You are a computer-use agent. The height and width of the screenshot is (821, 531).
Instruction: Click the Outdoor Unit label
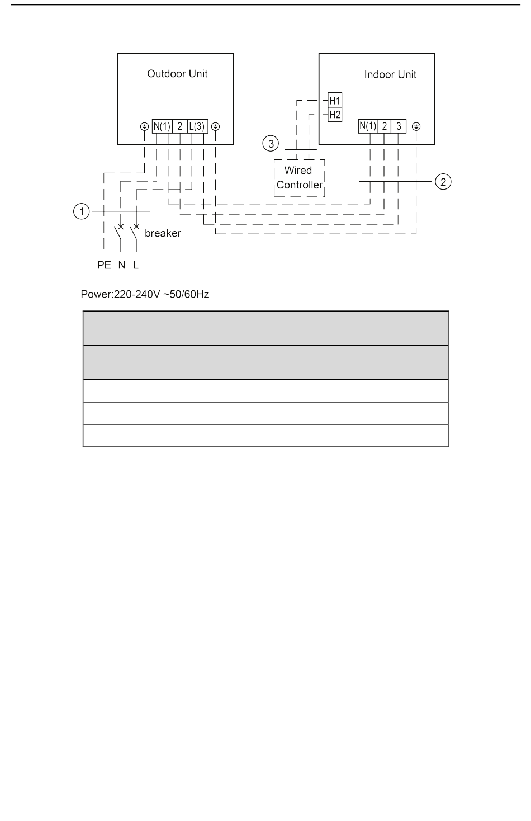[x=177, y=74]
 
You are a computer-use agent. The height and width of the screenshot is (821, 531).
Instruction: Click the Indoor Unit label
[x=390, y=75]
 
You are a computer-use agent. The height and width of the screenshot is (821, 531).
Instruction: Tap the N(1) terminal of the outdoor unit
[x=162, y=126]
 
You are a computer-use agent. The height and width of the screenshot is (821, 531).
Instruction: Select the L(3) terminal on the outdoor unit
[x=197, y=126]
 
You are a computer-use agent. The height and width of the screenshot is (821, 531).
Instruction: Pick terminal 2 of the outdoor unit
[x=180, y=126]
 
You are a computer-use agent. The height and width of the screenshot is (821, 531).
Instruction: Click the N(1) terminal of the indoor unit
[x=368, y=126]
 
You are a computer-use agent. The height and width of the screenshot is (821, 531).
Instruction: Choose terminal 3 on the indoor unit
[x=399, y=126]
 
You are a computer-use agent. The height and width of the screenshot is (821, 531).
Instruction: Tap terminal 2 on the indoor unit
[x=385, y=126]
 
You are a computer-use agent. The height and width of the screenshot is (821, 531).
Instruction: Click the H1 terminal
[x=335, y=101]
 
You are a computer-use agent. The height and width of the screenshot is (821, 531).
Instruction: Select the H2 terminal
[x=335, y=115]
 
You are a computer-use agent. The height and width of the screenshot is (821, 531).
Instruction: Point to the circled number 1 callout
[x=82, y=211]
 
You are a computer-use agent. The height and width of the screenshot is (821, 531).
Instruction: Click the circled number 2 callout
[x=443, y=182]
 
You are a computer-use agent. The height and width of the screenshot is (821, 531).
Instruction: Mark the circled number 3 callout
[x=271, y=144]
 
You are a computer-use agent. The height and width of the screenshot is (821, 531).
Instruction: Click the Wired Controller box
[x=299, y=178]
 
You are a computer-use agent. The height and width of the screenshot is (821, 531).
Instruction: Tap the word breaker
[x=163, y=233]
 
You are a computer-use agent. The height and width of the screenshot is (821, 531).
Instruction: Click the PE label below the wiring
[x=105, y=266]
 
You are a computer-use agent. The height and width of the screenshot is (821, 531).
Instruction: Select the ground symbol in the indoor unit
[x=416, y=126]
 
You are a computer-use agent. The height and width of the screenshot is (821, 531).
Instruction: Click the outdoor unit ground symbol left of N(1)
[x=144, y=126]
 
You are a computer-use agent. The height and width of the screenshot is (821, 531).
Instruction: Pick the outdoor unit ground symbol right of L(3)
[x=216, y=126]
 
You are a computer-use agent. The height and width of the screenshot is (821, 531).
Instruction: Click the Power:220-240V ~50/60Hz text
[x=145, y=294]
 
